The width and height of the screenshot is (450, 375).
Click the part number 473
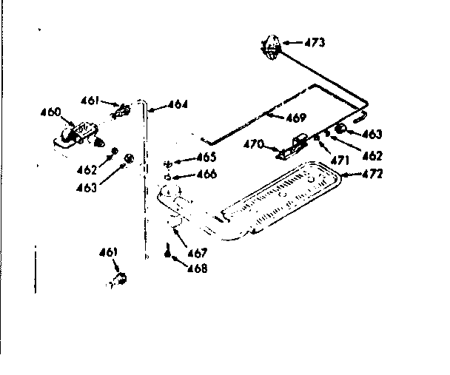coord(315,43)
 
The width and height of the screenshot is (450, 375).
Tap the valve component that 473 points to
coord(272,46)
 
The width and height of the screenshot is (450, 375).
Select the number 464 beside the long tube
coord(178,104)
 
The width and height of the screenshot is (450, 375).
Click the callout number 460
coord(50,113)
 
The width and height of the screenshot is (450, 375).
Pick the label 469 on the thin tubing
coord(296,116)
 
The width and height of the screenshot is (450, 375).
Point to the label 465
coord(206,158)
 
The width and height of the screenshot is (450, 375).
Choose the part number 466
coord(206,175)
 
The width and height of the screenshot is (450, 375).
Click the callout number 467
coord(197,253)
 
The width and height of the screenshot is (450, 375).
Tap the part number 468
coord(198,268)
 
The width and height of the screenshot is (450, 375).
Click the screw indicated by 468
coord(169,251)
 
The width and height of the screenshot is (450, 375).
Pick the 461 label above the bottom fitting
coord(108,252)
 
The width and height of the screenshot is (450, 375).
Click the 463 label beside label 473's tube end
coord(372,134)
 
